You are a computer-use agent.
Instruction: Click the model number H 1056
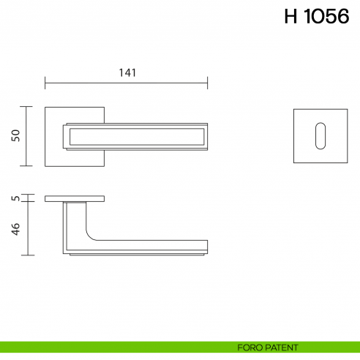(x=316, y=17)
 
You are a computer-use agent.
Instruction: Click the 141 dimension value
(x=127, y=72)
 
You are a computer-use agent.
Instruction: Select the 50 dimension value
(x=15, y=136)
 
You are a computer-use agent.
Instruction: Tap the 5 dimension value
(x=15, y=198)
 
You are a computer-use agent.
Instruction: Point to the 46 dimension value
(x=15, y=228)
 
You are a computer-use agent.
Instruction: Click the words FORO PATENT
(x=263, y=348)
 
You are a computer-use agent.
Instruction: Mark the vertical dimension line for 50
(x=28, y=136)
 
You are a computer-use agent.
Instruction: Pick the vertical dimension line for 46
(x=28, y=228)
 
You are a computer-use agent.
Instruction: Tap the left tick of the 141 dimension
(x=45, y=82)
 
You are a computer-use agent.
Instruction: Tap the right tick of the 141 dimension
(x=208, y=82)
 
